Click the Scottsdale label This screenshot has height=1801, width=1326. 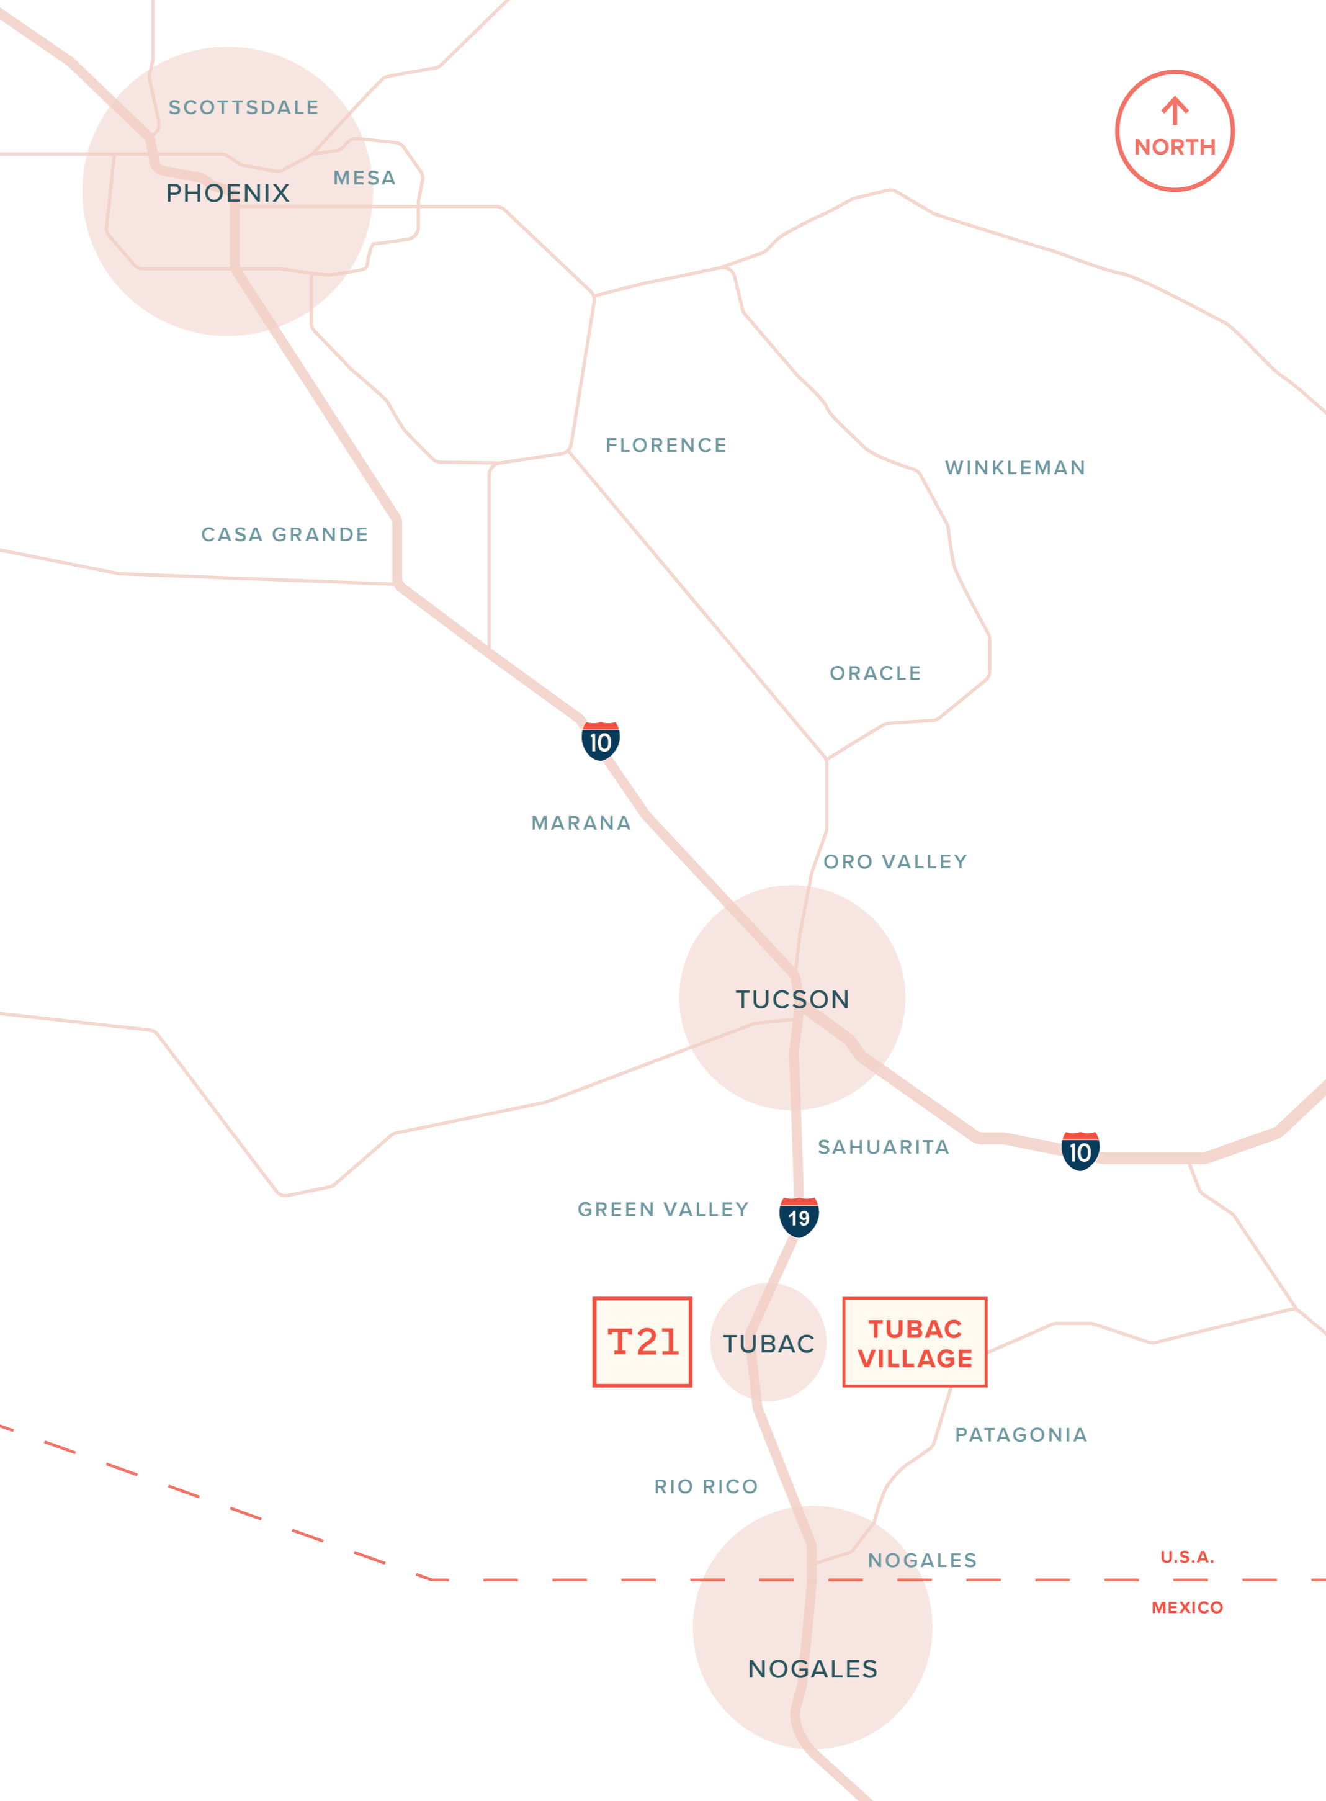tap(243, 107)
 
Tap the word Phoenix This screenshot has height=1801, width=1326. tap(227, 194)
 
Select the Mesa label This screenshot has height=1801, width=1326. tap(364, 177)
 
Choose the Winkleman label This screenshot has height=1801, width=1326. tap(1014, 467)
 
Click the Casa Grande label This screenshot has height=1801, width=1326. tap(284, 534)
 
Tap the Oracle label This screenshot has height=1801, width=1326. tap(874, 673)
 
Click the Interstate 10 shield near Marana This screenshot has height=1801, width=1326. tap(599, 742)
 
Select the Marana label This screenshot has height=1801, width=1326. tap(581, 824)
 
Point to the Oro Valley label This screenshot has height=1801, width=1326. tap(895, 861)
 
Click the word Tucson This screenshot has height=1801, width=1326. tap(792, 999)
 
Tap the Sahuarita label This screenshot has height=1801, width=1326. tap(883, 1147)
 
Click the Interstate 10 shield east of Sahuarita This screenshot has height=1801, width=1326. tap(1080, 1152)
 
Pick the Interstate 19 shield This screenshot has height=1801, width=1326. tap(799, 1218)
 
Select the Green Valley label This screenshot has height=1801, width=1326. tap(662, 1209)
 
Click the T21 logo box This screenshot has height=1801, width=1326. tap(642, 1342)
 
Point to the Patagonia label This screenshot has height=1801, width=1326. tap(1020, 1434)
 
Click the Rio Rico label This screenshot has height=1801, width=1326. tap(705, 1486)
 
